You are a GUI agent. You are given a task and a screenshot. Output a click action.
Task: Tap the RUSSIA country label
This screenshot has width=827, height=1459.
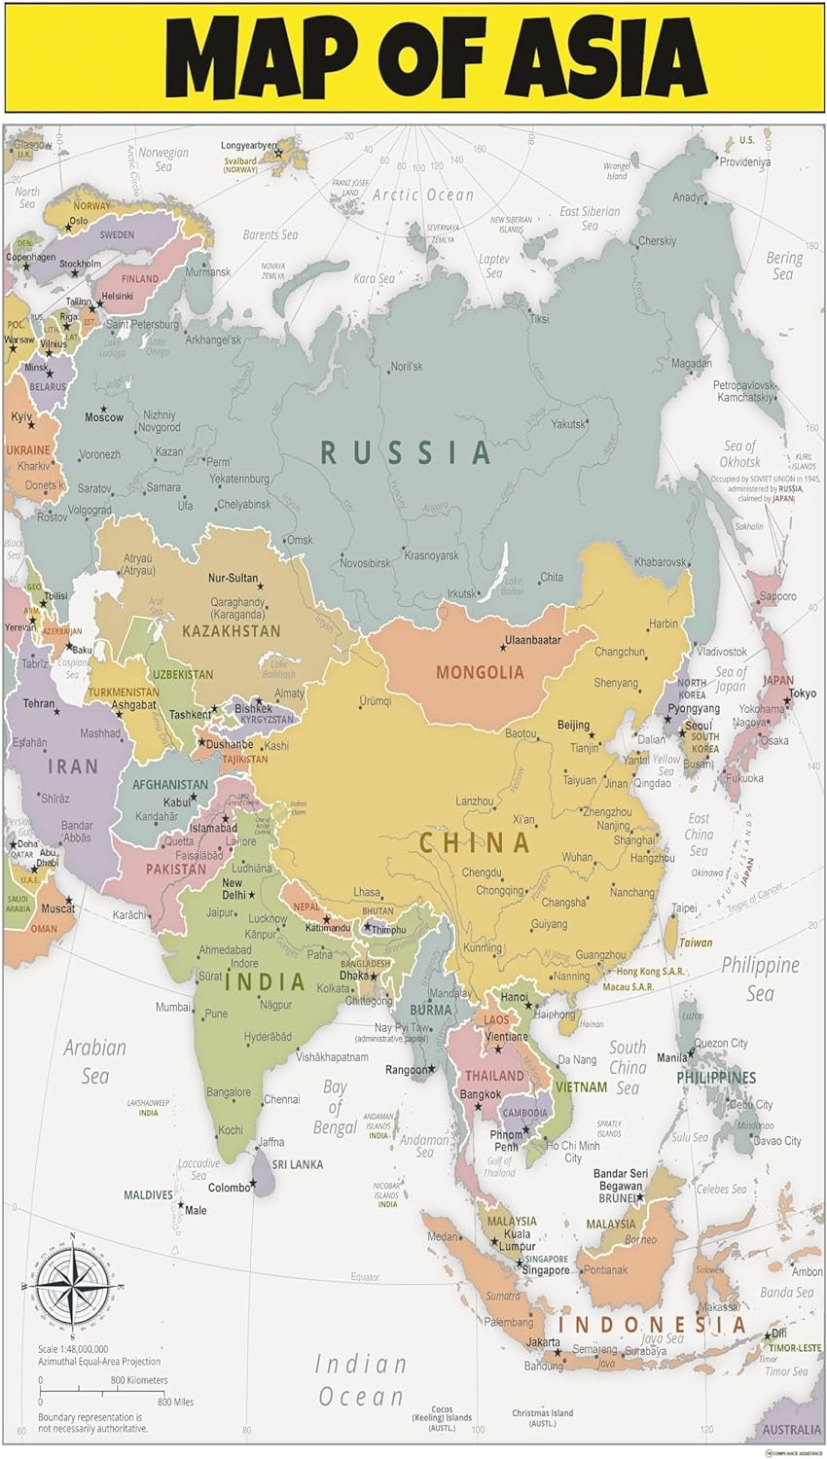point(406,452)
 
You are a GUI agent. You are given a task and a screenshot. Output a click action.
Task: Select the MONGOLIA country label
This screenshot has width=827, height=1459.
point(480,672)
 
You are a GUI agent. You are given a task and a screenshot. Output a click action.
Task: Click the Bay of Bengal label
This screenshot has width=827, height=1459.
point(335,1107)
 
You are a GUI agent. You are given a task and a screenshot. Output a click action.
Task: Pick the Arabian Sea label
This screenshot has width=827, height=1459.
point(94,1061)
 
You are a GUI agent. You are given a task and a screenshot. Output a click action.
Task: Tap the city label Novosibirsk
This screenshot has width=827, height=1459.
point(365,563)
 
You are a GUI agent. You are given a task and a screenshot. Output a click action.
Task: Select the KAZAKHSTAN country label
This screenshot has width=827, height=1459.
point(231,630)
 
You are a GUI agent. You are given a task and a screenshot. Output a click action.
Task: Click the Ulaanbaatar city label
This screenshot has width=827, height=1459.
point(532,641)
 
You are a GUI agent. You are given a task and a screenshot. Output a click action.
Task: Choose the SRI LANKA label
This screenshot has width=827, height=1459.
point(297,1164)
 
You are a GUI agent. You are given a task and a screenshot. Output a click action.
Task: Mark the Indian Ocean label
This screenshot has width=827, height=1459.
point(360,1380)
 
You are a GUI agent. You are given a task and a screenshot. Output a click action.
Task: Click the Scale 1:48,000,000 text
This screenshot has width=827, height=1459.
point(73,1349)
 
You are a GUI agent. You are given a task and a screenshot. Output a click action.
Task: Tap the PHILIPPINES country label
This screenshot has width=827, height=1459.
point(716,1078)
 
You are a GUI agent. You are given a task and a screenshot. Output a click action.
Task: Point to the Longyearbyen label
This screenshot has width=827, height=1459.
point(248,146)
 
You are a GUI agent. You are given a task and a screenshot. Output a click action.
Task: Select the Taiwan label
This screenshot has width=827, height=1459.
point(696,943)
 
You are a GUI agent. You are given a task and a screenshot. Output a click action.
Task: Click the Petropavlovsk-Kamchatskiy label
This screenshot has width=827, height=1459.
point(744,391)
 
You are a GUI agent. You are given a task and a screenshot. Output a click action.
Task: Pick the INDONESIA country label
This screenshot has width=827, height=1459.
point(652,1325)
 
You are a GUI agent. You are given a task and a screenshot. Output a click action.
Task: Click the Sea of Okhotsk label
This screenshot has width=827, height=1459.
point(740,453)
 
